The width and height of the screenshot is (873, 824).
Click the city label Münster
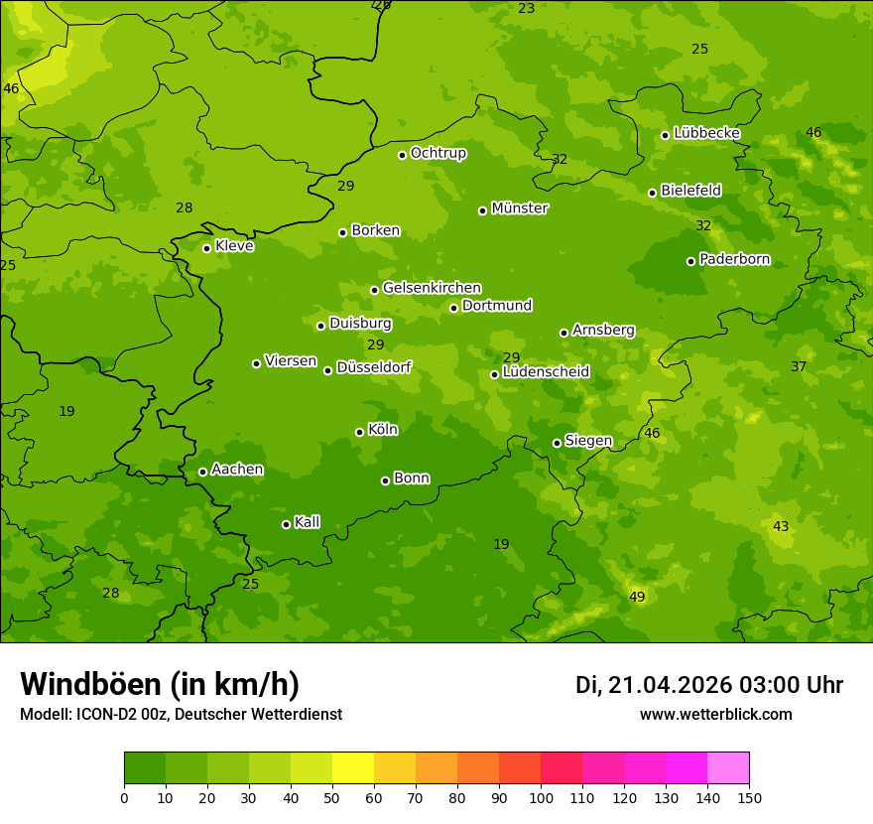tap(520, 208)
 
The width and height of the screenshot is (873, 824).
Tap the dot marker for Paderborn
tap(691, 261)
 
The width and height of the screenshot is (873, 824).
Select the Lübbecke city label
tap(706, 133)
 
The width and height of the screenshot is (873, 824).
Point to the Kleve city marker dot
tap(207, 248)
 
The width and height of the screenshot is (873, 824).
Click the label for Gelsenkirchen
tap(432, 288)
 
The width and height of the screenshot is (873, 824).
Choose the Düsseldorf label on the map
tap(374, 367)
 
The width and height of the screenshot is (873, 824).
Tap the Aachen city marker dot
tap(203, 472)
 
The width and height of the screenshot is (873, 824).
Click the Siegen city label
tap(588, 441)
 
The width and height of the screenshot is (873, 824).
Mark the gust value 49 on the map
tap(637, 597)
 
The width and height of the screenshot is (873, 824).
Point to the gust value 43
tap(781, 526)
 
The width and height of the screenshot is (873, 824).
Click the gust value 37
tap(799, 367)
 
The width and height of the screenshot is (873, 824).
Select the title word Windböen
tap(91, 684)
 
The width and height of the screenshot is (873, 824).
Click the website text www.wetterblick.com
tap(715, 715)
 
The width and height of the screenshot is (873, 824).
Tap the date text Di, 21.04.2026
tap(653, 685)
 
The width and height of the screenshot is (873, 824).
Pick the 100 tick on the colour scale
tap(541, 797)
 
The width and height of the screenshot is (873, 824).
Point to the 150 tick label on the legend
tap(749, 797)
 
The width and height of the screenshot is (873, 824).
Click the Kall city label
tap(308, 522)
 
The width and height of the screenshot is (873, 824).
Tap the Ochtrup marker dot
tap(403, 155)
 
